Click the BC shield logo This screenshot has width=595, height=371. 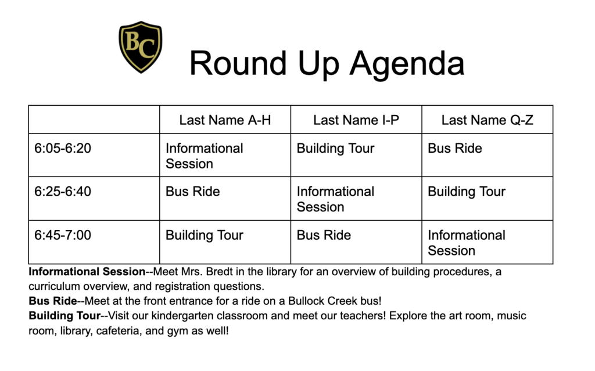click(x=140, y=47)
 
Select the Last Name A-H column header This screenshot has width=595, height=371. click(x=225, y=120)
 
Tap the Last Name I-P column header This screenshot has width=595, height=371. click(x=356, y=120)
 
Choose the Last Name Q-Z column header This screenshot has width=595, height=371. click(x=487, y=120)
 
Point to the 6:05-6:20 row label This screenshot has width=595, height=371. click(x=63, y=149)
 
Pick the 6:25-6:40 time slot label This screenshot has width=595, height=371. click(x=63, y=192)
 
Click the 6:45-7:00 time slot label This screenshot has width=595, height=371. click(x=63, y=235)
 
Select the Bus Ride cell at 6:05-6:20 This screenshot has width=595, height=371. click(x=454, y=149)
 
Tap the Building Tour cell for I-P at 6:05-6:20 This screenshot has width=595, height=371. click(x=335, y=149)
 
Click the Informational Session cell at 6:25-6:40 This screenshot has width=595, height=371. click(x=335, y=199)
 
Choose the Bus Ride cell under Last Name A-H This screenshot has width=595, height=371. click(x=192, y=192)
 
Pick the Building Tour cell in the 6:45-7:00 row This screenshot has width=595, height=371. click(x=204, y=235)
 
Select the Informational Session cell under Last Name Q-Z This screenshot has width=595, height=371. click(x=466, y=243)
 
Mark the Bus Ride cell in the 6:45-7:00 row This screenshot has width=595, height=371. click(x=324, y=235)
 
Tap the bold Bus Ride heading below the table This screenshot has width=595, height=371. click(x=52, y=301)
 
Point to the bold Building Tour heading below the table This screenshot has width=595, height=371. click(x=64, y=316)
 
